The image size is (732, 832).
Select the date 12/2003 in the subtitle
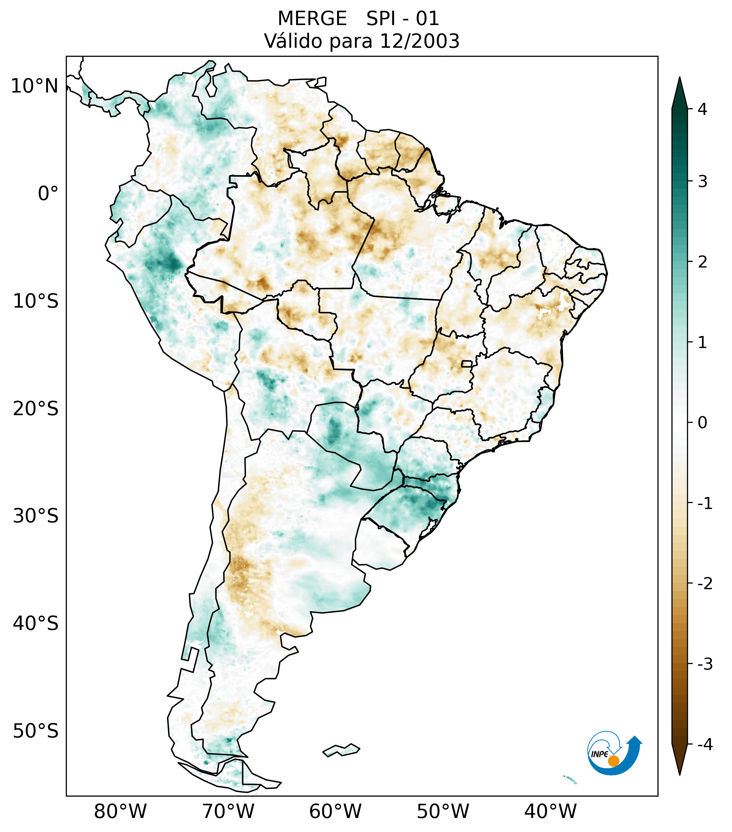[x=419, y=41]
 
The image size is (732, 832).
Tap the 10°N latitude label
[x=35, y=86]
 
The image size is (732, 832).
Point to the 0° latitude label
[x=48, y=194]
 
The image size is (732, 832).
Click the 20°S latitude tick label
[x=36, y=409]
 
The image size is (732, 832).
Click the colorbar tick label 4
[x=702, y=109]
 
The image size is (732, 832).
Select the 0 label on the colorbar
[x=702, y=423]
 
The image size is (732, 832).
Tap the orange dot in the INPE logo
[x=613, y=761]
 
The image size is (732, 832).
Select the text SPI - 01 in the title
[x=403, y=19]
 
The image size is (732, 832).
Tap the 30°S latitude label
[x=36, y=516]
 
